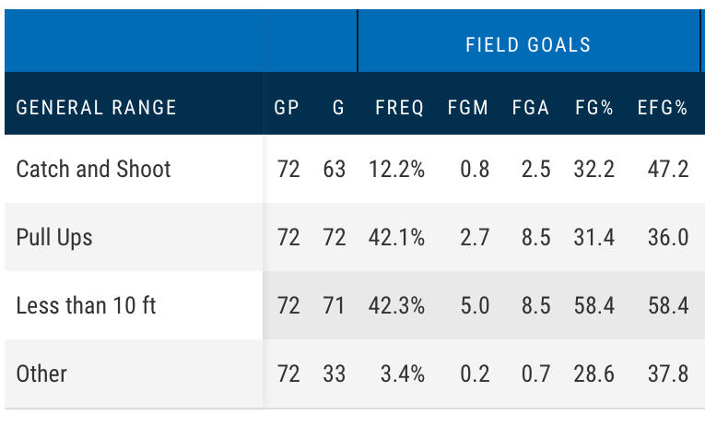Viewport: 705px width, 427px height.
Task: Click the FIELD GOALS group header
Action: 528,44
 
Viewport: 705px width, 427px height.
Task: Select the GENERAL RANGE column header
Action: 96,107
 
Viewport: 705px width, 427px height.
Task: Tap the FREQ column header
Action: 399,107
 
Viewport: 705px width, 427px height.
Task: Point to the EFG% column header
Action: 663,107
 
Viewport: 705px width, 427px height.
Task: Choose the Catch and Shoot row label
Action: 94,169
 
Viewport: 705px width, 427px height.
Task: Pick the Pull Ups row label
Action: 54,237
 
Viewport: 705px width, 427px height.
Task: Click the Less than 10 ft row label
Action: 86,305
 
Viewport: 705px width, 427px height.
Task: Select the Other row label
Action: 41,374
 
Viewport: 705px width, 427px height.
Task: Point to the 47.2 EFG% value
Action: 667,169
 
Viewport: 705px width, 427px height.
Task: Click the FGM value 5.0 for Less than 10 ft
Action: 474,305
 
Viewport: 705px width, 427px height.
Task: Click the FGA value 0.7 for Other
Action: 535,374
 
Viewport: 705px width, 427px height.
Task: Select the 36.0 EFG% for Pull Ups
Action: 667,237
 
